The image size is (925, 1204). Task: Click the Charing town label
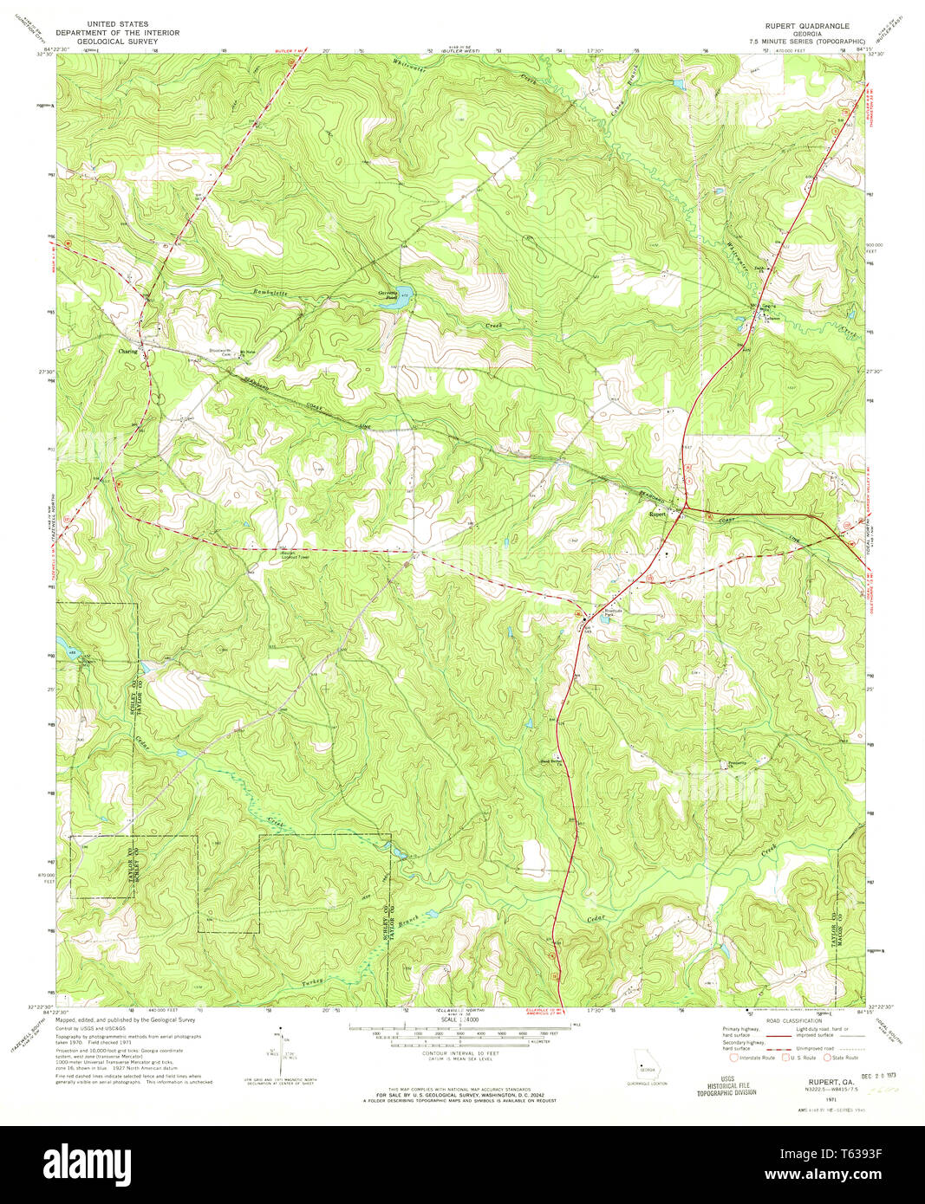click(127, 352)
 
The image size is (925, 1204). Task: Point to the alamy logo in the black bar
click(87, 1163)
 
